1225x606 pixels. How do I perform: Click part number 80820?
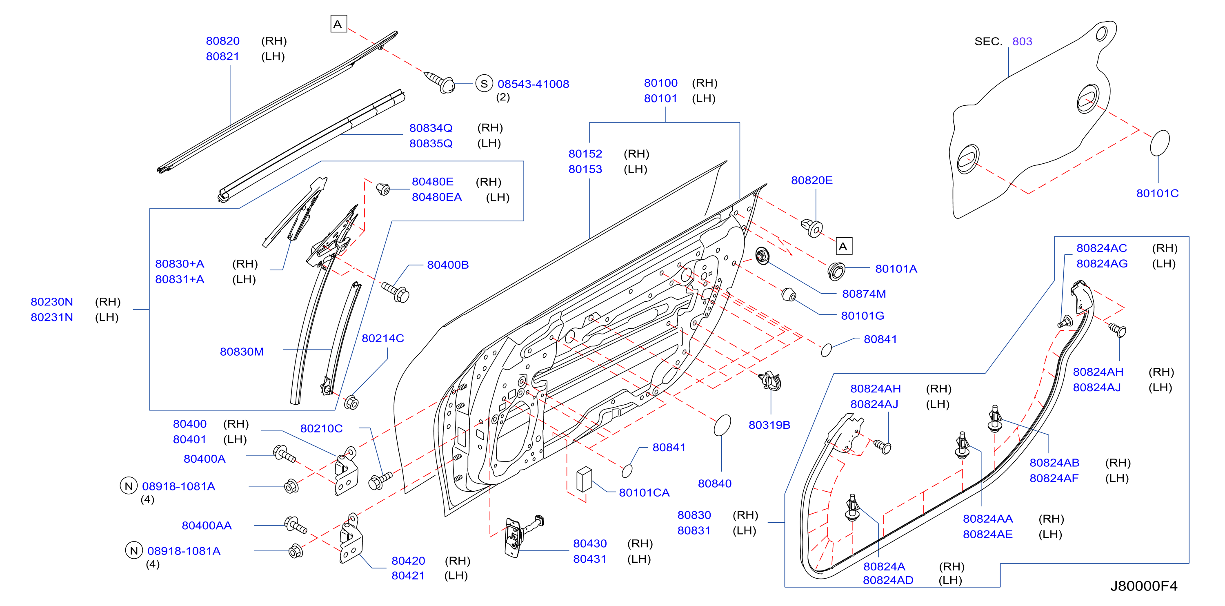point(222,41)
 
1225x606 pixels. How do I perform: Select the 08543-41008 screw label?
point(533,84)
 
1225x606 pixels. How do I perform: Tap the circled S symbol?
point(484,84)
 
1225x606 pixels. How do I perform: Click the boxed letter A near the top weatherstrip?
point(338,24)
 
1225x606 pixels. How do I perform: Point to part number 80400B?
point(447,265)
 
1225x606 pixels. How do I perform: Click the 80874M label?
point(864,294)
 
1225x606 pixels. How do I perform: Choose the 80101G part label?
point(862,316)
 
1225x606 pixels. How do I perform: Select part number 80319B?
point(769,425)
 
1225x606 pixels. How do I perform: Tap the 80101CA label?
point(644,493)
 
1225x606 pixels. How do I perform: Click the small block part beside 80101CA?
point(584,479)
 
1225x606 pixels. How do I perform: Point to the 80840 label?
point(714,484)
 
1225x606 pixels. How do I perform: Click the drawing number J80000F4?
point(1144,586)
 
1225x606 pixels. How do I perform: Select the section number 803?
point(1022,41)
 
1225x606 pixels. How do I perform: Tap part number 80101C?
point(1157,194)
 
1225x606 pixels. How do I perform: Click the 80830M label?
point(242,352)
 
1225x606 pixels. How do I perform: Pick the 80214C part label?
point(382,339)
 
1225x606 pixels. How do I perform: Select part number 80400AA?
point(207,526)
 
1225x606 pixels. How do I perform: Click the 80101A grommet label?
point(896,269)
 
